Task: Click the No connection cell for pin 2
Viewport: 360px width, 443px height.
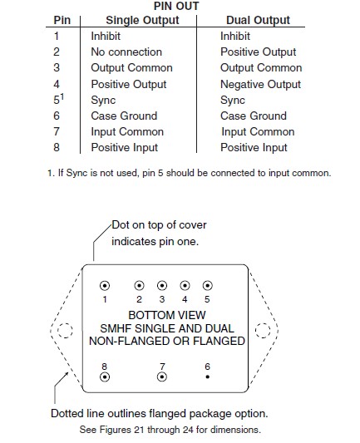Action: tap(126, 52)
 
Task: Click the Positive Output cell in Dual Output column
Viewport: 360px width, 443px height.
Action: tap(258, 52)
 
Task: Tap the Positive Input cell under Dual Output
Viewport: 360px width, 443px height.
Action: tap(254, 147)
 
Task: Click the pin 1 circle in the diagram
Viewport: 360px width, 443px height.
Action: tap(105, 285)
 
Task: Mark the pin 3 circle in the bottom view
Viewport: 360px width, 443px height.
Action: tap(162, 285)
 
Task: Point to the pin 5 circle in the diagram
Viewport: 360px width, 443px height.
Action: tap(207, 285)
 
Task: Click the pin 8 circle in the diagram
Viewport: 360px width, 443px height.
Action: tap(105, 376)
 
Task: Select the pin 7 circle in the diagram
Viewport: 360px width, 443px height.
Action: tap(162, 376)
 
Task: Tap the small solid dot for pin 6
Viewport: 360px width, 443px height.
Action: tap(207, 376)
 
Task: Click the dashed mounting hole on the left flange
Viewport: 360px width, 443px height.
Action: tap(66, 330)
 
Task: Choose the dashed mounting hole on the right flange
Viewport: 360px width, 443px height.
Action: tap(262, 330)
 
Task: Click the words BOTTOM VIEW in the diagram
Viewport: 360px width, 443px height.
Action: tap(163, 316)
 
